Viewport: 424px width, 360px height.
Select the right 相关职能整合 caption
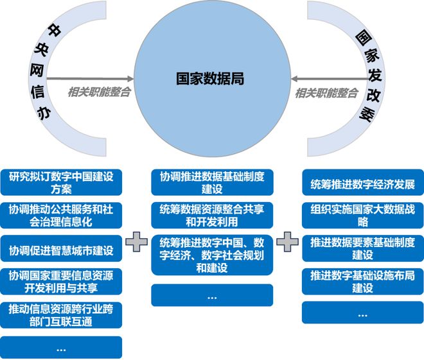click(326, 92)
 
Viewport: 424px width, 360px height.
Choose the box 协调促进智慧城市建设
click(61, 250)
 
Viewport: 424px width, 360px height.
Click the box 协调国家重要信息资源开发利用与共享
click(61, 281)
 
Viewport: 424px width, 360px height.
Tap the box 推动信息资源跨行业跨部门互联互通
click(61, 314)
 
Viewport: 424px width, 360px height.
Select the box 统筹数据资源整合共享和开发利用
click(212, 215)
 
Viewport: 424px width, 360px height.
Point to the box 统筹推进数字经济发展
click(362, 184)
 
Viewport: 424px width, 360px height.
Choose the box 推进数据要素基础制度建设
click(362, 248)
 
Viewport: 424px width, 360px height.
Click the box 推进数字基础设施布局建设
click(362, 281)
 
